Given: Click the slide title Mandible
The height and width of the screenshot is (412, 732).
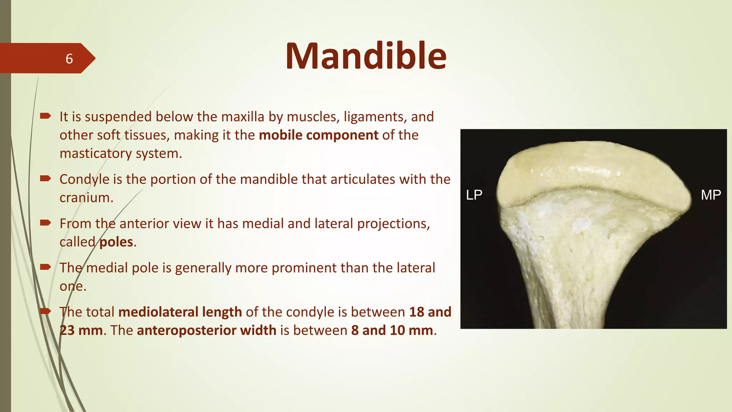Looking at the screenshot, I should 366,56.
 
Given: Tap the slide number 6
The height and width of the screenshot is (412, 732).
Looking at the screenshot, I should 69,59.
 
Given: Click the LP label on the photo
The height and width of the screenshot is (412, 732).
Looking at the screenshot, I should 474,195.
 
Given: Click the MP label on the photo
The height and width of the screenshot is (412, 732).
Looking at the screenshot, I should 711,195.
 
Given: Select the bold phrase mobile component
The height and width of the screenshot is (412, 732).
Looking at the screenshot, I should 318,135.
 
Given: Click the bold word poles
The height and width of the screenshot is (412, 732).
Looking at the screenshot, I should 116,242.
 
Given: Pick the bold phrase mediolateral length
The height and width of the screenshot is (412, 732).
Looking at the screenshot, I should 180,312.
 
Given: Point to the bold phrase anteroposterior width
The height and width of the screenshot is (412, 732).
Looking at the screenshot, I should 206,330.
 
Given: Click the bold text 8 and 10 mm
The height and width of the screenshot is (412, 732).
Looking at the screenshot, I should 392,330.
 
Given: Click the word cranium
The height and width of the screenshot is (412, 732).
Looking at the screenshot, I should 86,197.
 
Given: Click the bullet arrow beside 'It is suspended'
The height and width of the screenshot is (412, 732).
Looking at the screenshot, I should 45,116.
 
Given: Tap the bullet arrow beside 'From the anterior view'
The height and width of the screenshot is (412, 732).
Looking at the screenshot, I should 45,223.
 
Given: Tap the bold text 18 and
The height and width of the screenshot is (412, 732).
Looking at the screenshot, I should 430,312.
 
